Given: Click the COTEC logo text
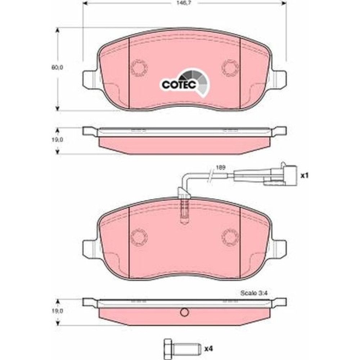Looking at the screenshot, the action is (179, 85).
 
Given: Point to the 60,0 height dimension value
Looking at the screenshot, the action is (57, 67).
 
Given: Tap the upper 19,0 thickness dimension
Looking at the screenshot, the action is (57, 140).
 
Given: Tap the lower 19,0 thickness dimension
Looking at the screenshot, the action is (57, 311).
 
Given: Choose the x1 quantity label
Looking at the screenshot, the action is (305, 176).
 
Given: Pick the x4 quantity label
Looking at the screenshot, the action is (209, 349).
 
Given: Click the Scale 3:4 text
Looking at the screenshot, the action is (254, 293).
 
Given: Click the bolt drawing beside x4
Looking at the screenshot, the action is (181, 349).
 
